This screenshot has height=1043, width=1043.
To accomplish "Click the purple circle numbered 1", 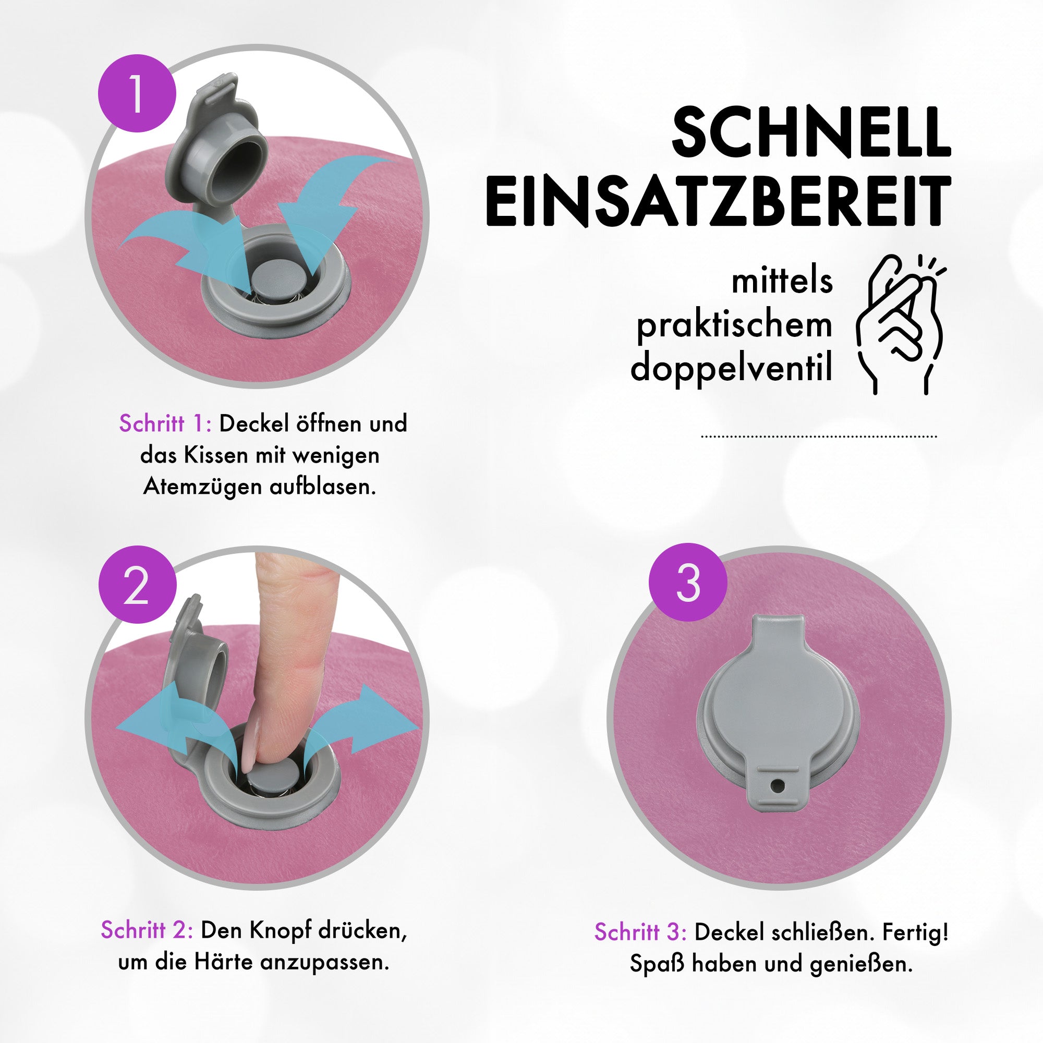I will tap(137, 93).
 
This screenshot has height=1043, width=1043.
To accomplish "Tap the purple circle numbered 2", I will tap(137, 584).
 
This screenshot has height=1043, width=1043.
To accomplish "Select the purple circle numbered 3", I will tap(688, 582).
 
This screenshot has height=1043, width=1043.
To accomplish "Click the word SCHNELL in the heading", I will tap(811, 132).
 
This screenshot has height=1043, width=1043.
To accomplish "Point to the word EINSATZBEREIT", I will tap(718, 201).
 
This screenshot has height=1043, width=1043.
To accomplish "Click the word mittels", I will tap(782, 282).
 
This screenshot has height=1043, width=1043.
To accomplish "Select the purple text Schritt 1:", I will tap(165, 424).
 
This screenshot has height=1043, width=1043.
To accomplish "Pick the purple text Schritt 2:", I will tap(147, 930).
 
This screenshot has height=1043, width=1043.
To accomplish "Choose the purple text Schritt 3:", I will tap(640, 932).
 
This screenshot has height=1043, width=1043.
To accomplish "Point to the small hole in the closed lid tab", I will tap(777, 785).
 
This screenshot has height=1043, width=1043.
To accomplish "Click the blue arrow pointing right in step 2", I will tap(378, 718).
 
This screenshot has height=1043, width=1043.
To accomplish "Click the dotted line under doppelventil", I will tap(818, 436).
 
